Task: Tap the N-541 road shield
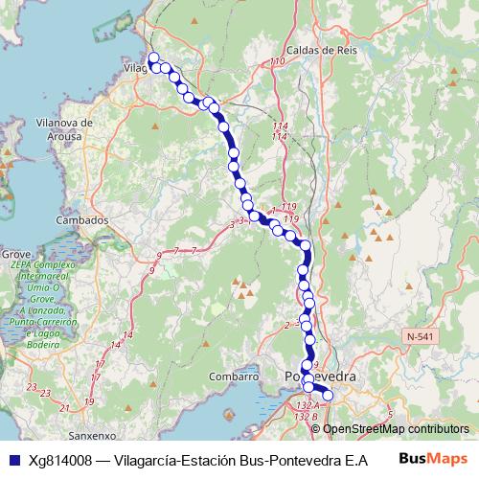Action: click(x=420, y=337)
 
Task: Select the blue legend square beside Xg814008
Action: click(x=11, y=460)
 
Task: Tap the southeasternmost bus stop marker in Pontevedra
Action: click(x=327, y=395)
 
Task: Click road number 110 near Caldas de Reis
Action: click(x=278, y=62)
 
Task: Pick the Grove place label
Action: click(x=16, y=254)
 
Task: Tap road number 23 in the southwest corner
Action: click(x=32, y=388)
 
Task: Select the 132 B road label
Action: click(x=307, y=417)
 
